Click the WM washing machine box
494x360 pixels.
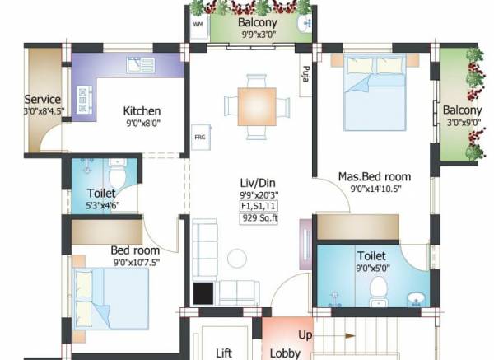198,26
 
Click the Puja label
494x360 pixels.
305,75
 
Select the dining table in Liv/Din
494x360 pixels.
257,105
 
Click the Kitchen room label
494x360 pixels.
142,111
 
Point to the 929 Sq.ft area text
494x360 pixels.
259,219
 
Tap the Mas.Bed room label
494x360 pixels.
375,176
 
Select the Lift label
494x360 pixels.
223,353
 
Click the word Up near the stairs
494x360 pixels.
305,336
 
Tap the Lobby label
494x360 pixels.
285,353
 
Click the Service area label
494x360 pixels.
42,100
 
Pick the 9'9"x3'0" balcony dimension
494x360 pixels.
258,35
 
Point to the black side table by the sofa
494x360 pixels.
203,293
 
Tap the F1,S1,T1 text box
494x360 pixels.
259,206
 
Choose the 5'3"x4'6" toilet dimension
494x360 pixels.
100,206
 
